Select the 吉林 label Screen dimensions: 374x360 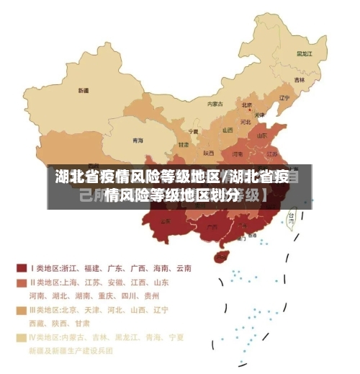tap(299, 79)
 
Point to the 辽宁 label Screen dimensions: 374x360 tap(284, 98)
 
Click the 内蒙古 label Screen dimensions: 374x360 tap(215, 104)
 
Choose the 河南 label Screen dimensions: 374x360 tap(237, 153)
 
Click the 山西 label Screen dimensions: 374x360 tap(228, 130)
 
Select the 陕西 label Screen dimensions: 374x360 tap(209, 153)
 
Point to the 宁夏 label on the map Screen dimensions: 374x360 tap(193, 132)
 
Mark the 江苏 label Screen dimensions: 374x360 tap(272, 153)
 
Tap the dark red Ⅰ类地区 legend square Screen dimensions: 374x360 tap(22, 267)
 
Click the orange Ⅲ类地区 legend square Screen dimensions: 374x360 tap(22, 310)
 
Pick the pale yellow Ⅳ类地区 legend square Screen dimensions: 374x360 tap(22, 337)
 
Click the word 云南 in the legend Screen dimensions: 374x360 tap(183, 268)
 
